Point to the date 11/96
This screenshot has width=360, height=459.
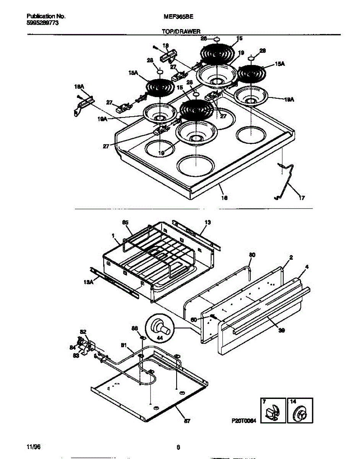point(33,447)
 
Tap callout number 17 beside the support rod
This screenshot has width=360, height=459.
point(302,198)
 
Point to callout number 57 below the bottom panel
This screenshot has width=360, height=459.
point(187,421)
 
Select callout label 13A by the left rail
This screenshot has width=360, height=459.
point(88,282)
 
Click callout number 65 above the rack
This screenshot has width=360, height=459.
point(125,222)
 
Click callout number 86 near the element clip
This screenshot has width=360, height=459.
point(135,328)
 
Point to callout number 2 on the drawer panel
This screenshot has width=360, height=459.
point(291,258)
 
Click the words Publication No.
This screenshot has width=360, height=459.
point(46,17)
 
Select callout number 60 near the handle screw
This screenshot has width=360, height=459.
point(194,319)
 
